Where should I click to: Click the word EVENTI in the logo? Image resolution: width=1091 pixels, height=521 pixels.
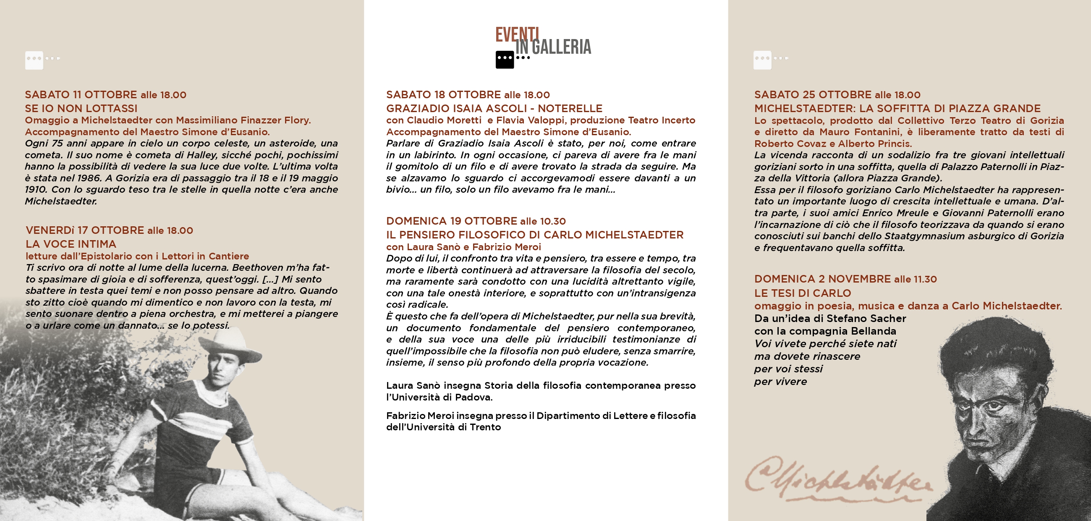point(517,34)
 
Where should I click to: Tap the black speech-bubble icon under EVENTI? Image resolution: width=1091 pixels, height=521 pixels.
point(505,60)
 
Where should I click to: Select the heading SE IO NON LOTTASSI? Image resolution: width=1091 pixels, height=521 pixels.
point(81,108)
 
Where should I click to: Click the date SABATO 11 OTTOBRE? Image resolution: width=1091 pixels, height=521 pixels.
point(81,94)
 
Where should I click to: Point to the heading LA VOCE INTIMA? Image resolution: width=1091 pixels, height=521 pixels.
point(71,244)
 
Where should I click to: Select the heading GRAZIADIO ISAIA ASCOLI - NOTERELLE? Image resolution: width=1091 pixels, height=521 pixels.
point(494,108)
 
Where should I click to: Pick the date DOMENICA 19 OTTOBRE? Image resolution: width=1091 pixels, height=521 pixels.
point(452,221)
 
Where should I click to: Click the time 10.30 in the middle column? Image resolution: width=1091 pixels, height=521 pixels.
point(553,221)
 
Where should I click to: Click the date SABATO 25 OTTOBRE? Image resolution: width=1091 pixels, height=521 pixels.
point(813,94)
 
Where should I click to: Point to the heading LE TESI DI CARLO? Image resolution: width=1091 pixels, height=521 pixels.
point(802,293)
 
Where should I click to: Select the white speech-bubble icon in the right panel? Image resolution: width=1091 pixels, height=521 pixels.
point(762,60)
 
